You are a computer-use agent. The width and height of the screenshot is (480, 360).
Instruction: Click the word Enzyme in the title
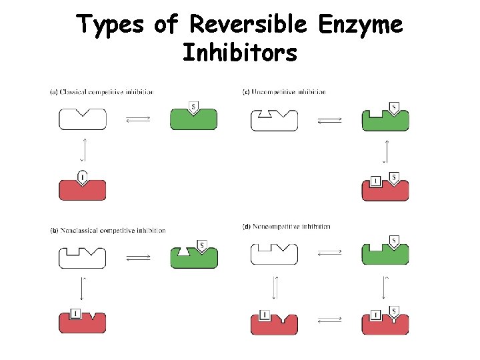361,25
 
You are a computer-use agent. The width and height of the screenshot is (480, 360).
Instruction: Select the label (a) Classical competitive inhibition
102,91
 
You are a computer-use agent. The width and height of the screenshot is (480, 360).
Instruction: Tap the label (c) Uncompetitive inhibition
284,91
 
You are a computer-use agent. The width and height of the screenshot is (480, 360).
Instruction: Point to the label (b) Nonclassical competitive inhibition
108,230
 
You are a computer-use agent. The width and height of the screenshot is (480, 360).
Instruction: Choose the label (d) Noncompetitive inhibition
286,227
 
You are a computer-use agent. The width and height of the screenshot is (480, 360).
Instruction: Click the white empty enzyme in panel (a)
82,119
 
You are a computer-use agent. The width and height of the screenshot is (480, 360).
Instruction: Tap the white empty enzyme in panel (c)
274,121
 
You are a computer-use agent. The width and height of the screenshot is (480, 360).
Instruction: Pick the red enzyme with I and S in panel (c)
385,188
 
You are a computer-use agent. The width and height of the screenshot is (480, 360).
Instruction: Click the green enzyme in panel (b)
193,256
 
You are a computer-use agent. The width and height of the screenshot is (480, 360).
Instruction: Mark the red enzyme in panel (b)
82,321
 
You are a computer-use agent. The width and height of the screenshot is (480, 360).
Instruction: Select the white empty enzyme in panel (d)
274,255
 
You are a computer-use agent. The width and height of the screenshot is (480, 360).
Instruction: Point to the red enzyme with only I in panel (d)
274,322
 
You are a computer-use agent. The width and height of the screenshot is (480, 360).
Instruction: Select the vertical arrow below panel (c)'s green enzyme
385,151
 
